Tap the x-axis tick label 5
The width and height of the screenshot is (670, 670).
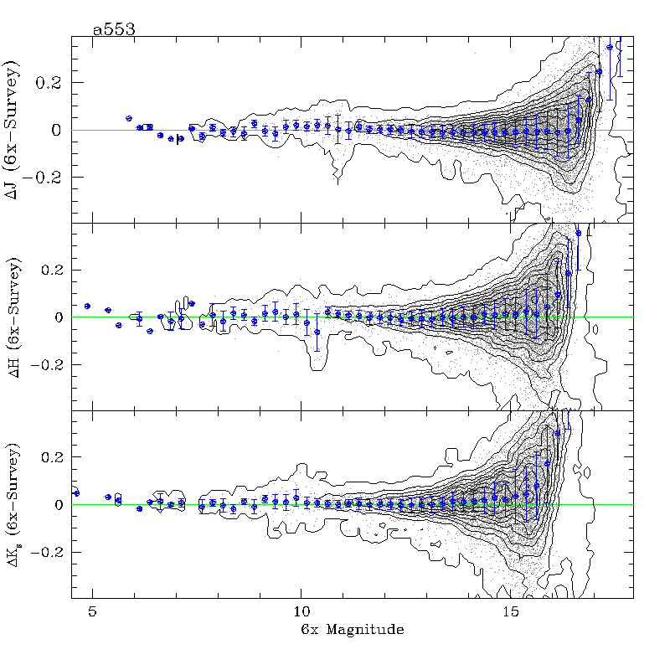tap(94, 611)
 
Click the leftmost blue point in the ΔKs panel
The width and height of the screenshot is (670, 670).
tap(76, 493)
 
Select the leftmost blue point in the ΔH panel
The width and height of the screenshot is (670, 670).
tap(87, 306)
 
